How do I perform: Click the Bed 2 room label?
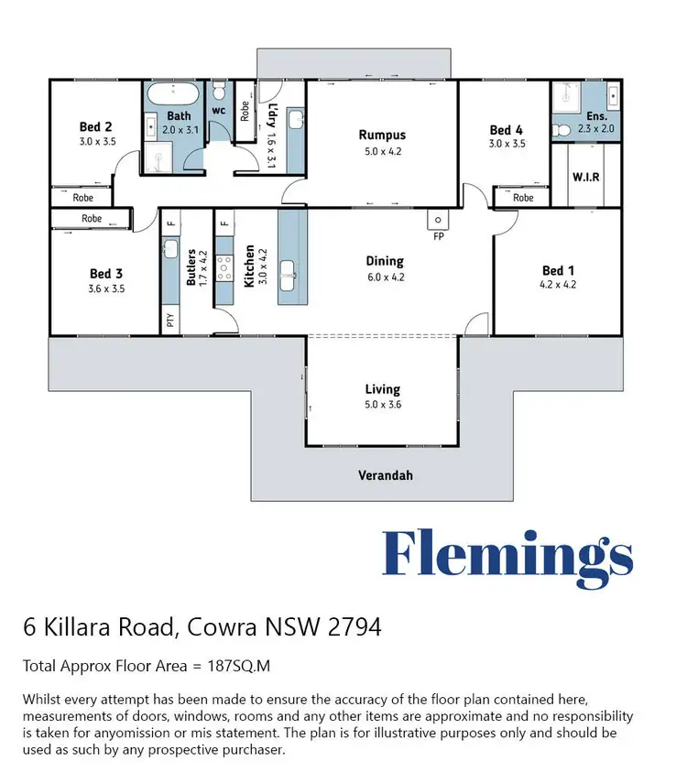pos(95,127)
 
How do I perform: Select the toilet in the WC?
pos(218,92)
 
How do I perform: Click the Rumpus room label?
pos(381,136)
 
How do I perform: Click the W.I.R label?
pos(585,176)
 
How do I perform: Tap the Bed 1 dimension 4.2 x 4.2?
pos(558,285)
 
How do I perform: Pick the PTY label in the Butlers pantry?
pos(170,321)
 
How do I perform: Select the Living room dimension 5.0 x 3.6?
pos(382,403)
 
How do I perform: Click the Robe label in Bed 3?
pos(92,219)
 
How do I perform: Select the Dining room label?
pos(385,261)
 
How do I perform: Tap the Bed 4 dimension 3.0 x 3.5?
pos(506,144)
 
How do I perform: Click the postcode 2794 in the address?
pos(352,628)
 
